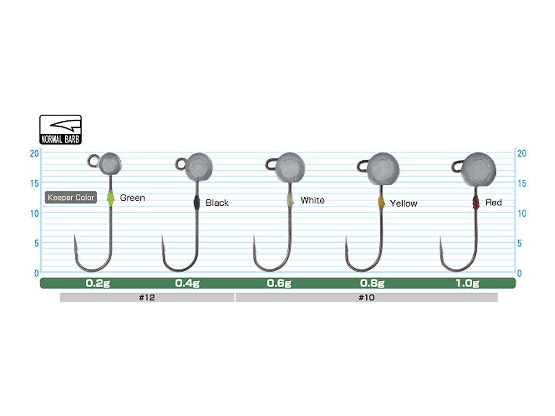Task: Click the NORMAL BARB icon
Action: coord(61,129)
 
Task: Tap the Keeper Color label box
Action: coord(71,198)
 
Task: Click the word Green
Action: coord(132,198)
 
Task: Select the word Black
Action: coord(217,203)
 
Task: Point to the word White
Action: coord(313,200)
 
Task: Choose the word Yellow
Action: coord(403,204)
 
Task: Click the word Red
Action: coord(494,203)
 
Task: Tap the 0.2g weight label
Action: coord(98,283)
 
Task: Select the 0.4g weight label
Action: coord(188,283)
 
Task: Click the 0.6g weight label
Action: coord(279,283)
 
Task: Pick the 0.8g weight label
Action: coord(372,283)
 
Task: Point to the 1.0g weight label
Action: coord(467,283)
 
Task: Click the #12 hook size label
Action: coord(147,297)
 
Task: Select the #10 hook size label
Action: coord(366,297)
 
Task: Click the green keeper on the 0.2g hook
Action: coord(111,198)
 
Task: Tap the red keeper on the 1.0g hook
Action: coord(476,203)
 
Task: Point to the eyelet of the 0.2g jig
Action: coord(93,160)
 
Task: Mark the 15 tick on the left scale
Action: coord(34,183)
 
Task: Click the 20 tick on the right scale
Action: coord(522,153)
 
